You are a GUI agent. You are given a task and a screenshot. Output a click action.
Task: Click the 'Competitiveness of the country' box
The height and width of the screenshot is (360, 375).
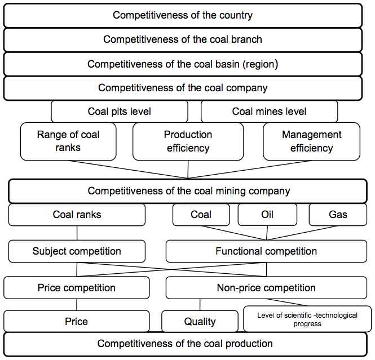(183, 15)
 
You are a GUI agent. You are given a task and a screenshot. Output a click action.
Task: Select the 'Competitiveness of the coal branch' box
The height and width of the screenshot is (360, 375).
(183, 39)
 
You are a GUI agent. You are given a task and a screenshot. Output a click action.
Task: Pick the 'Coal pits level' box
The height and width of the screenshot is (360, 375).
(120, 112)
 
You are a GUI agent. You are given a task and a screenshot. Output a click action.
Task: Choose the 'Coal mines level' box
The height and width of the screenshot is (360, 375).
(270, 112)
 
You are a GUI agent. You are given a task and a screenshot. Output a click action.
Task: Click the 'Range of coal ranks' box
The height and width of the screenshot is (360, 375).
(68, 141)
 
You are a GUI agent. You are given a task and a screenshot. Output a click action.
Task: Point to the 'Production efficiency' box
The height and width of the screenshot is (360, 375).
(188, 141)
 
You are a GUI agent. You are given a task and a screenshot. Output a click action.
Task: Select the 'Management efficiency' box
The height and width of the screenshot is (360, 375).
(311, 141)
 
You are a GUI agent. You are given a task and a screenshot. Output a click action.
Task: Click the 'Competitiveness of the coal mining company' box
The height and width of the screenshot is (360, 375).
(188, 191)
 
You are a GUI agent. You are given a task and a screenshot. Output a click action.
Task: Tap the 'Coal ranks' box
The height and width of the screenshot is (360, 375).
(77, 215)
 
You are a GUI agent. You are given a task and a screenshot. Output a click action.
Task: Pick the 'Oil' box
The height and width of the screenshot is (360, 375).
(267, 215)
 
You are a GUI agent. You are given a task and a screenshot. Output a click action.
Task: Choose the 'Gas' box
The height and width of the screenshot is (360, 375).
(338, 215)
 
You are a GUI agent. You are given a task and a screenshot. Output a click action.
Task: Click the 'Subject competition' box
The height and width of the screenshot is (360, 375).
(77, 251)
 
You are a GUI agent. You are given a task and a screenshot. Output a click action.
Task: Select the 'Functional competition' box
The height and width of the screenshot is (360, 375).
(266, 251)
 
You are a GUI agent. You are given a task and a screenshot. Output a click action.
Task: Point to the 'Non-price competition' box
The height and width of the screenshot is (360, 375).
(266, 288)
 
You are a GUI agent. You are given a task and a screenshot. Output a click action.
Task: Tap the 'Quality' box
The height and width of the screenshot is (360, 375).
(200, 321)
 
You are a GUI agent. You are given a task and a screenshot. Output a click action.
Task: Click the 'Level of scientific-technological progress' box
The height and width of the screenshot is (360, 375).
(307, 319)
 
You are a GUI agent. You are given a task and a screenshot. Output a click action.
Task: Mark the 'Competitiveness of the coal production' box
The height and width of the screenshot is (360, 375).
(186, 344)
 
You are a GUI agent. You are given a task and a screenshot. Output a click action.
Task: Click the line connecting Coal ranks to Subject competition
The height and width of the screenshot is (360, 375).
(77, 233)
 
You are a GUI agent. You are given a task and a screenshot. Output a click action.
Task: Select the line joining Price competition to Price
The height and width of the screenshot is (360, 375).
(77, 305)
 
